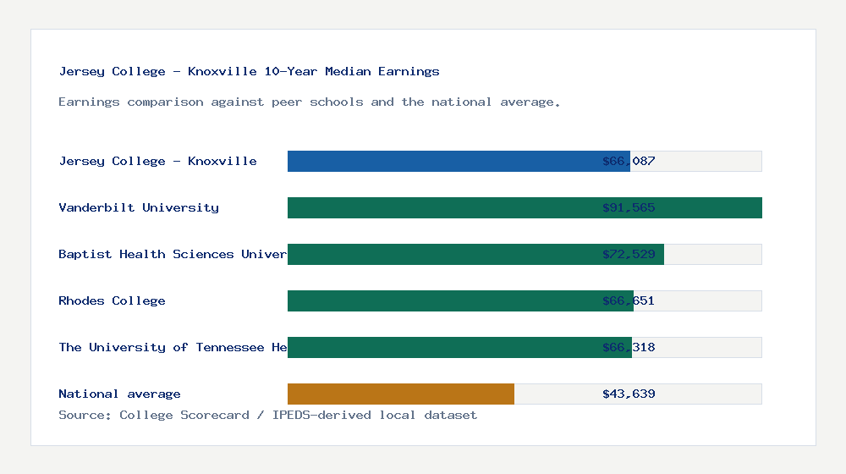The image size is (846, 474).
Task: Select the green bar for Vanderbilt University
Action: point(525,207)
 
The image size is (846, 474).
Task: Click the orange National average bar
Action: point(401,394)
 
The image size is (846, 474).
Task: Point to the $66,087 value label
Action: point(629,161)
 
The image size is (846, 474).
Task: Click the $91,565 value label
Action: point(629,207)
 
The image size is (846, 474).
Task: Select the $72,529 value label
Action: point(629,254)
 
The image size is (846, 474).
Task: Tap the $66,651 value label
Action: point(629,300)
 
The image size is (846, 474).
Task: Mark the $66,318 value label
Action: point(629,347)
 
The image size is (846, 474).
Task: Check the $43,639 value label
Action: point(629,394)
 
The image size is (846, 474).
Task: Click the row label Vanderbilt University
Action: point(139,207)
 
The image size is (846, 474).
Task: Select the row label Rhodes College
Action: point(112,300)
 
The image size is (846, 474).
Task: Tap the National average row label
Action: point(119,394)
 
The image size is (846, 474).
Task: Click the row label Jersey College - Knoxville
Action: point(157,161)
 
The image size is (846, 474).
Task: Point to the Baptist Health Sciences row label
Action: point(173,254)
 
